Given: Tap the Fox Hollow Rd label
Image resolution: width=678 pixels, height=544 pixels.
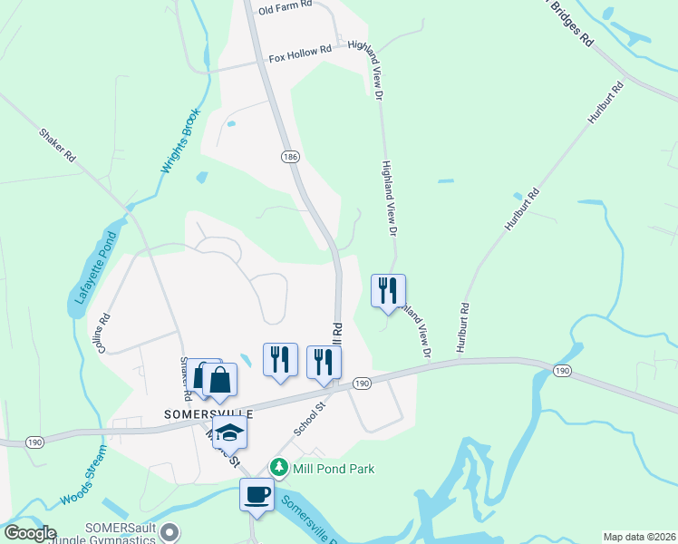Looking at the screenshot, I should click(300, 56).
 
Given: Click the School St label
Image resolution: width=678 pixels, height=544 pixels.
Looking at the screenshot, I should click(309, 420).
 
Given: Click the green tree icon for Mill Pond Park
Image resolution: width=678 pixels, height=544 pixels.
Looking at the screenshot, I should click(280, 468).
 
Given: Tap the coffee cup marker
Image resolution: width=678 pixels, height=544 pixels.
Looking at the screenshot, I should click(256, 495).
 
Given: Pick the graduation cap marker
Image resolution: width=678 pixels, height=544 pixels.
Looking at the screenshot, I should click(230, 432).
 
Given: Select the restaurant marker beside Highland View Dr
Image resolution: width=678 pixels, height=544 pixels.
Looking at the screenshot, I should click(388, 291).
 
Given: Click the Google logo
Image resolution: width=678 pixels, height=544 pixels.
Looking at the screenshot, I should click(29, 533).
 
